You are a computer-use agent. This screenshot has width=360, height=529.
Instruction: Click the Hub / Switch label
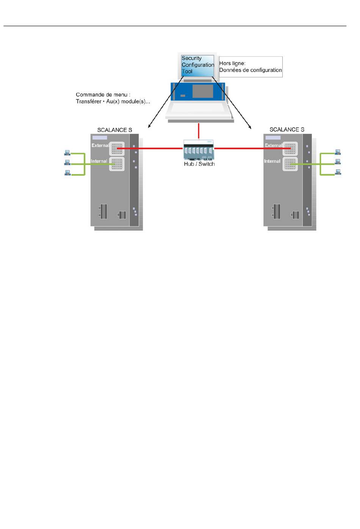coord(199,164)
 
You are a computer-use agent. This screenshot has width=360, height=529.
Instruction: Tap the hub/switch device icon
coord(199,150)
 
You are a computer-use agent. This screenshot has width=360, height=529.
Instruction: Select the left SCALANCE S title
coord(115,130)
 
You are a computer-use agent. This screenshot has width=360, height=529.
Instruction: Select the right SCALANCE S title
coord(287,130)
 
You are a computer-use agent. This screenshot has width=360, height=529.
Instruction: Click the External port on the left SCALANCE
coord(117,148)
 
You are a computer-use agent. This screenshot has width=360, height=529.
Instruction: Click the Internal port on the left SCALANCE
coord(117,164)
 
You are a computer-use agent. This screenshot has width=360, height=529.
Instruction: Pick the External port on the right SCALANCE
coord(290,148)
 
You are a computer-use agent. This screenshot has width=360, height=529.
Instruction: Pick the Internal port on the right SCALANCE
coord(290,164)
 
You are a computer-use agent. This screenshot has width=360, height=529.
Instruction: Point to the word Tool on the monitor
coord(187,71)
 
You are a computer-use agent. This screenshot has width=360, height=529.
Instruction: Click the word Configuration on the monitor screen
coord(198,65)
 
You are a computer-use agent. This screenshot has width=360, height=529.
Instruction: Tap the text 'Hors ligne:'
coord(232,63)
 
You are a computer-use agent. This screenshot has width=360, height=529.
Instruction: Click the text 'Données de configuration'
coord(250,70)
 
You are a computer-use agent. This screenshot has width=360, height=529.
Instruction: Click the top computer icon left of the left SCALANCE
coord(67,153)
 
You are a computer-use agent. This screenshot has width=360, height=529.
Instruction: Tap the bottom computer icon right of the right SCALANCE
coord(338,172)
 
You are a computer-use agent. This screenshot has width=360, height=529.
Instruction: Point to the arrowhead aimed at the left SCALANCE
coord(149,126)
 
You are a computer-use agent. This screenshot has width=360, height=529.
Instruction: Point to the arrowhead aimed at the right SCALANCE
coord(250,127)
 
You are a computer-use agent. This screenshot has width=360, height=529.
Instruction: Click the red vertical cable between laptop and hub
coord(199,131)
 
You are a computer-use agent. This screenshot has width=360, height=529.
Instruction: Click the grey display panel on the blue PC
coord(203,91)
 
